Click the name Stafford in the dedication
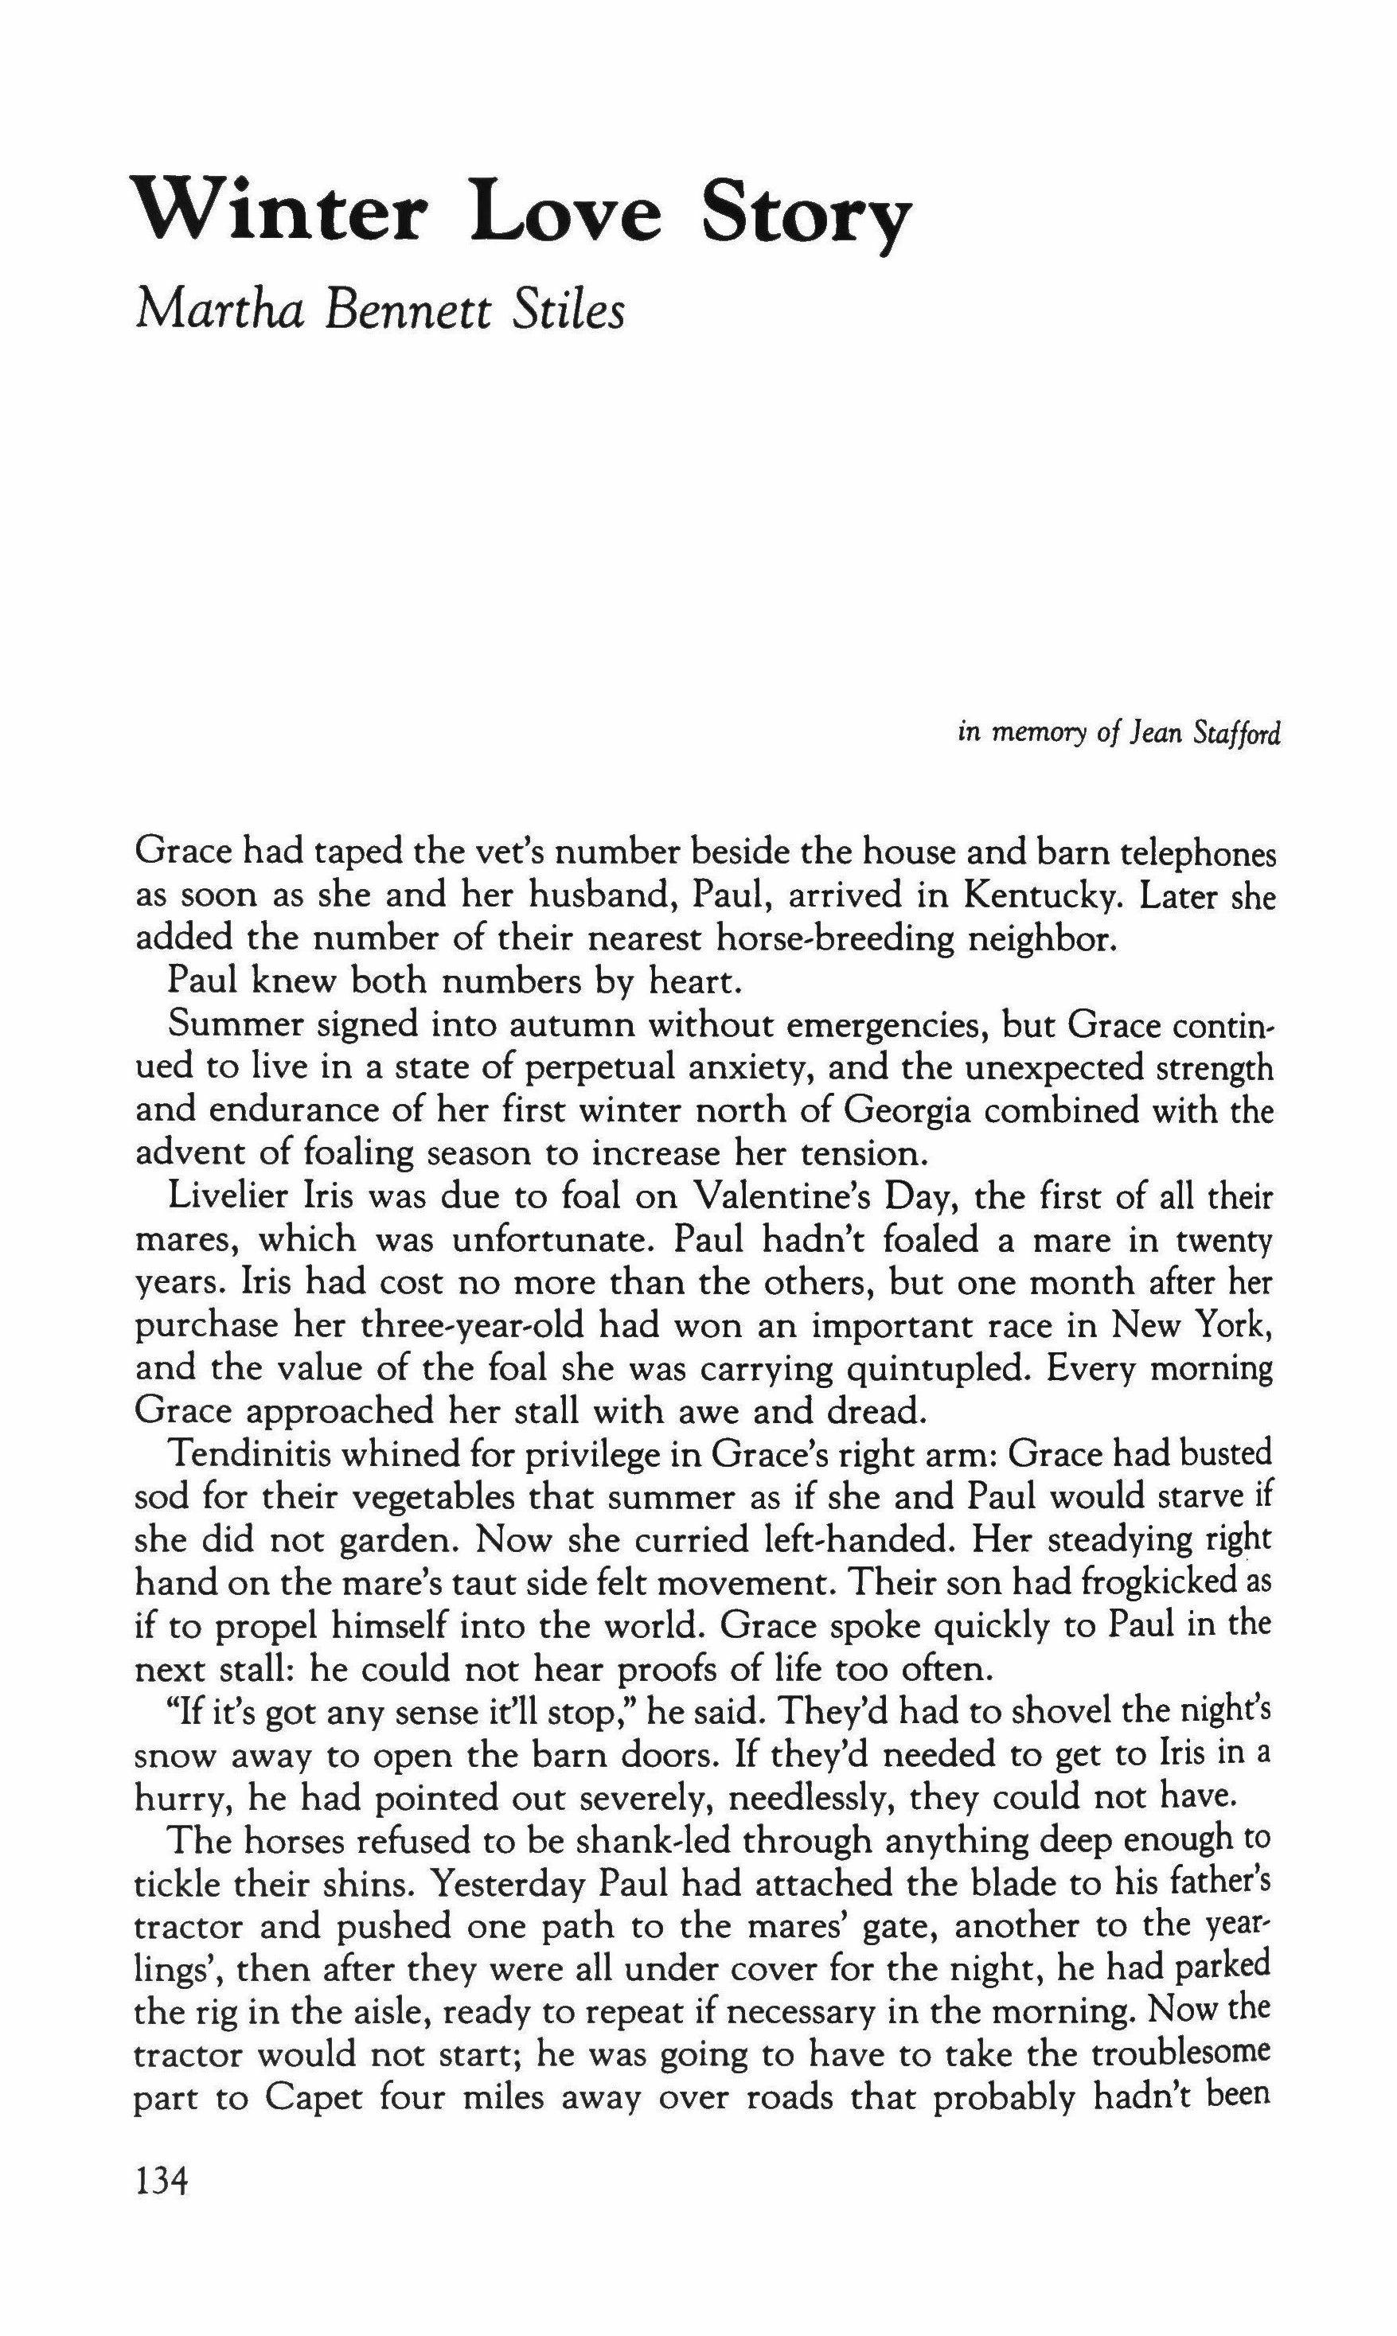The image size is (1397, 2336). [1236, 733]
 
